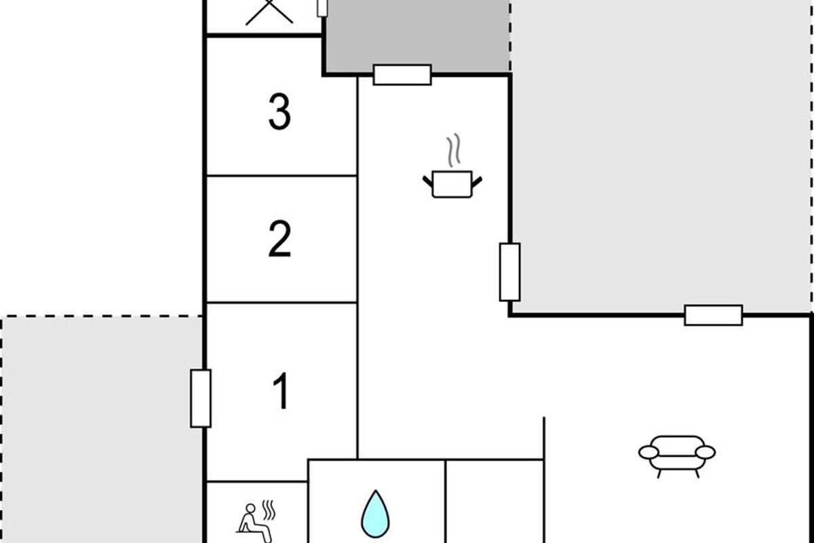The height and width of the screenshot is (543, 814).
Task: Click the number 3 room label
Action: click(279, 112)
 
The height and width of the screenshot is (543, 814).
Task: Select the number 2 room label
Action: click(279, 239)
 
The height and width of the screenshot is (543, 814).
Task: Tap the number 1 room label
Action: click(282, 391)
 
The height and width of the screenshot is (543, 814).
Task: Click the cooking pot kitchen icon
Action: click(452, 184)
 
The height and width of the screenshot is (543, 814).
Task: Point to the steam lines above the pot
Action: click(454, 150)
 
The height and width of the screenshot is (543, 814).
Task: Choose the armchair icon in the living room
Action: click(677, 457)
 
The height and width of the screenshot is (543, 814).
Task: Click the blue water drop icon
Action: click(375, 514)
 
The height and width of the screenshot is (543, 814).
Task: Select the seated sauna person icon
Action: click(256, 522)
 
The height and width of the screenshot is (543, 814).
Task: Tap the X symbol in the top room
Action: click(269, 12)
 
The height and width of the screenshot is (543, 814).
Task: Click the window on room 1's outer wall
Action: click(201, 398)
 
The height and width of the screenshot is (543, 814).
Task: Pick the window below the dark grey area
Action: click(402, 75)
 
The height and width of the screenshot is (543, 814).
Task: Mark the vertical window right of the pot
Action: click(510, 272)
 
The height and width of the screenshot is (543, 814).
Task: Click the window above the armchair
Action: click(714, 316)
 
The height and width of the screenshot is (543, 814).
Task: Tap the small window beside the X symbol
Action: click(322, 8)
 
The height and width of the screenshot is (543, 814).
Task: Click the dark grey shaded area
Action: click(418, 36)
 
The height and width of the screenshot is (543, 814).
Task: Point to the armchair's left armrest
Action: click(648, 453)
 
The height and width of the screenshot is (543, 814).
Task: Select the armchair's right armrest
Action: click(705, 453)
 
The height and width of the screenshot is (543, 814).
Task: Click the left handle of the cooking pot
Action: click(428, 181)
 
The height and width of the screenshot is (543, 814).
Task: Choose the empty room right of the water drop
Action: click(495, 502)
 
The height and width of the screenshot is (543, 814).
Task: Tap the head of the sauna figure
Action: click(250, 508)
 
